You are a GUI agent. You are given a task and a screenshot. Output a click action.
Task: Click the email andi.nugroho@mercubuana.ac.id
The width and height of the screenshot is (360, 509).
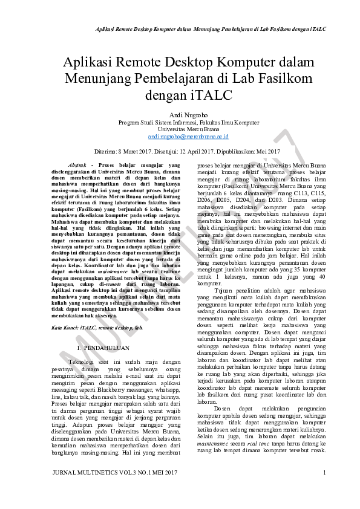coord(180,137)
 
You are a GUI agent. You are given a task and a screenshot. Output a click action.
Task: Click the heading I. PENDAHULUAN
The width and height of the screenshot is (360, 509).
coord(103,349)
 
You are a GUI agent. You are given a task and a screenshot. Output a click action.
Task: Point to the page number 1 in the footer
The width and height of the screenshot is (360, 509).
coord(325,472)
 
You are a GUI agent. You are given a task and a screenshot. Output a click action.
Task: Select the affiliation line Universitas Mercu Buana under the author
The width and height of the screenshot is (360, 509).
coord(180,129)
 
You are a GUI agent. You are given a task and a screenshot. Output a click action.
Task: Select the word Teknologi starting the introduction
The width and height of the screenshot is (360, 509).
coord(83,361)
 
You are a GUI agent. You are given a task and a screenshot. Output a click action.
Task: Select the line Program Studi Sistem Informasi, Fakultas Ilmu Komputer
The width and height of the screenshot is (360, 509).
coord(180,122)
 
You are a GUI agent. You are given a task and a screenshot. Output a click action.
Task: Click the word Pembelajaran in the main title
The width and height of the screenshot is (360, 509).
coord(183,79)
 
